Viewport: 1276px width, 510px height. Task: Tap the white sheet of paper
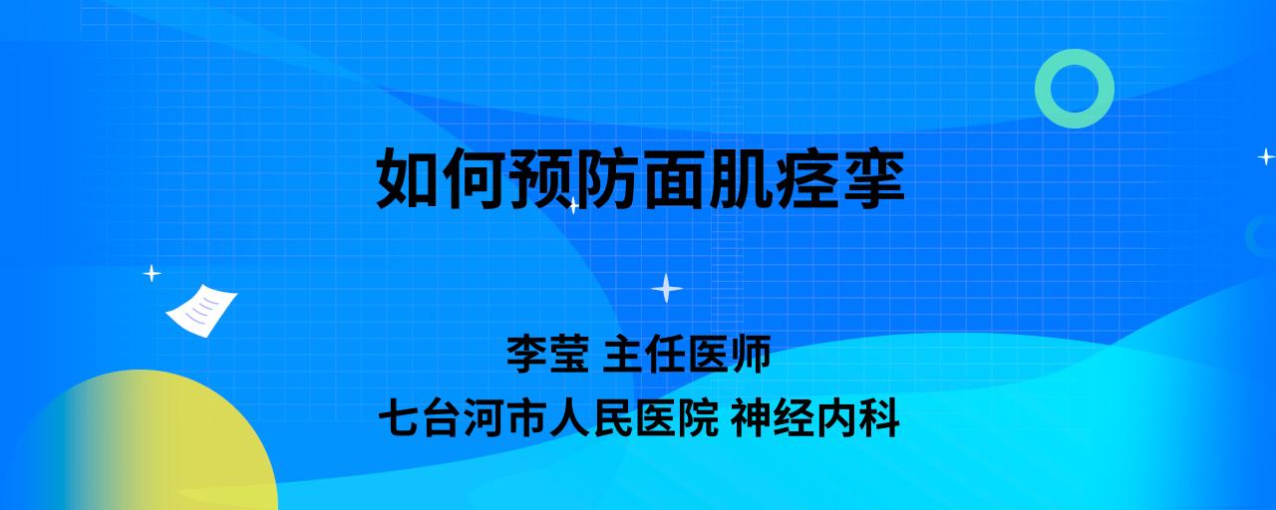(x=201, y=311)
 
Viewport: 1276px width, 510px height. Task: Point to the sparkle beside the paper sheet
(x=152, y=274)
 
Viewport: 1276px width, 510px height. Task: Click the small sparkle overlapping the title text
(x=573, y=205)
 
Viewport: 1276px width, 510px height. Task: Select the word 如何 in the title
(x=441, y=178)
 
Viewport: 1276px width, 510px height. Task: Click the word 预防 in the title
(x=572, y=178)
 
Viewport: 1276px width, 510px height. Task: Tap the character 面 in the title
(x=673, y=178)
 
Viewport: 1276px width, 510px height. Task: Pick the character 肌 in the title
(x=739, y=178)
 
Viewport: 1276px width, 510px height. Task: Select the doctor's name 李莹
(x=547, y=354)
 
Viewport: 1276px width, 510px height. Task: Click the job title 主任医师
(x=687, y=354)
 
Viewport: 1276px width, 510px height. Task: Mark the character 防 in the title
(x=605, y=178)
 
